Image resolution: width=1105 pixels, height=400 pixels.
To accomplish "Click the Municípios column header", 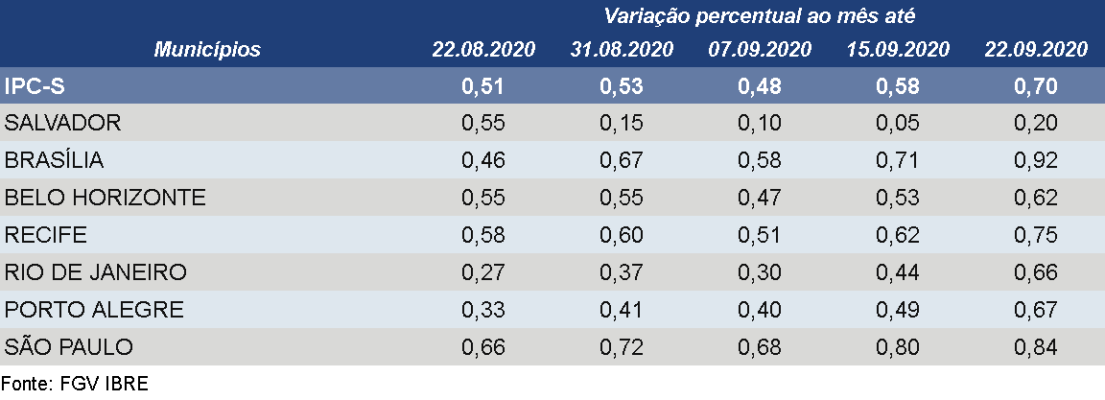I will click(208, 50).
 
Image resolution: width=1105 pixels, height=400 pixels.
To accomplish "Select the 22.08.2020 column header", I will click(483, 50).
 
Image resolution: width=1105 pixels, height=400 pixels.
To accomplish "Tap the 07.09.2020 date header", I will click(760, 50).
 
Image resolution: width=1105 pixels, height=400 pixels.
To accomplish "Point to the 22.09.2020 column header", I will click(1035, 50).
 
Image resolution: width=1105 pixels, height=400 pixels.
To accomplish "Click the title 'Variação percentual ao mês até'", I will click(760, 15).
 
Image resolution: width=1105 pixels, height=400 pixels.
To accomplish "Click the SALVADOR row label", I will click(63, 124).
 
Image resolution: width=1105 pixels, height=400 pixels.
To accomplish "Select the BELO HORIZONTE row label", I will click(106, 198).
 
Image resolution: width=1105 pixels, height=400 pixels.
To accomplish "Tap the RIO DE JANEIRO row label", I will click(96, 272).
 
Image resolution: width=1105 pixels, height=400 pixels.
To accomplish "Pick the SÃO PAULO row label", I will click(69, 347).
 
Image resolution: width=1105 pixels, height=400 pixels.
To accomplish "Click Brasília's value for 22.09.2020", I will click(1035, 161).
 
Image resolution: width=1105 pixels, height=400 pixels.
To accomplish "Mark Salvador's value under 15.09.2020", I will click(898, 124).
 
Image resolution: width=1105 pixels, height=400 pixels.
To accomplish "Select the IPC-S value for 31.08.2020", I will click(622, 86).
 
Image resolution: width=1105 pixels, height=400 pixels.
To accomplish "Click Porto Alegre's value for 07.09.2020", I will click(760, 310).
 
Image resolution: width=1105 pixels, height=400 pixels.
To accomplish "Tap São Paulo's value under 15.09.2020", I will click(898, 347).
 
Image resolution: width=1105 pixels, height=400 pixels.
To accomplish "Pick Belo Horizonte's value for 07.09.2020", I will click(760, 198).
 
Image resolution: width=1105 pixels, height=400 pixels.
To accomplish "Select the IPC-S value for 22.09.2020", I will click(1035, 86).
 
